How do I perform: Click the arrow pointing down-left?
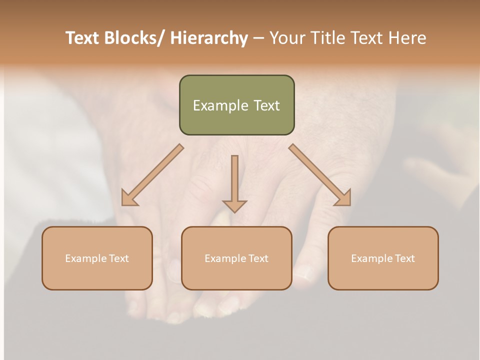[153, 175]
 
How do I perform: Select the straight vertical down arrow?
[234, 180]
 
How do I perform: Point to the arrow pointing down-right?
[320, 175]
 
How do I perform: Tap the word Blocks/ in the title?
[134, 38]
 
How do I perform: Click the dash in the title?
[258, 38]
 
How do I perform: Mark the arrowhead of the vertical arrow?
[234, 206]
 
